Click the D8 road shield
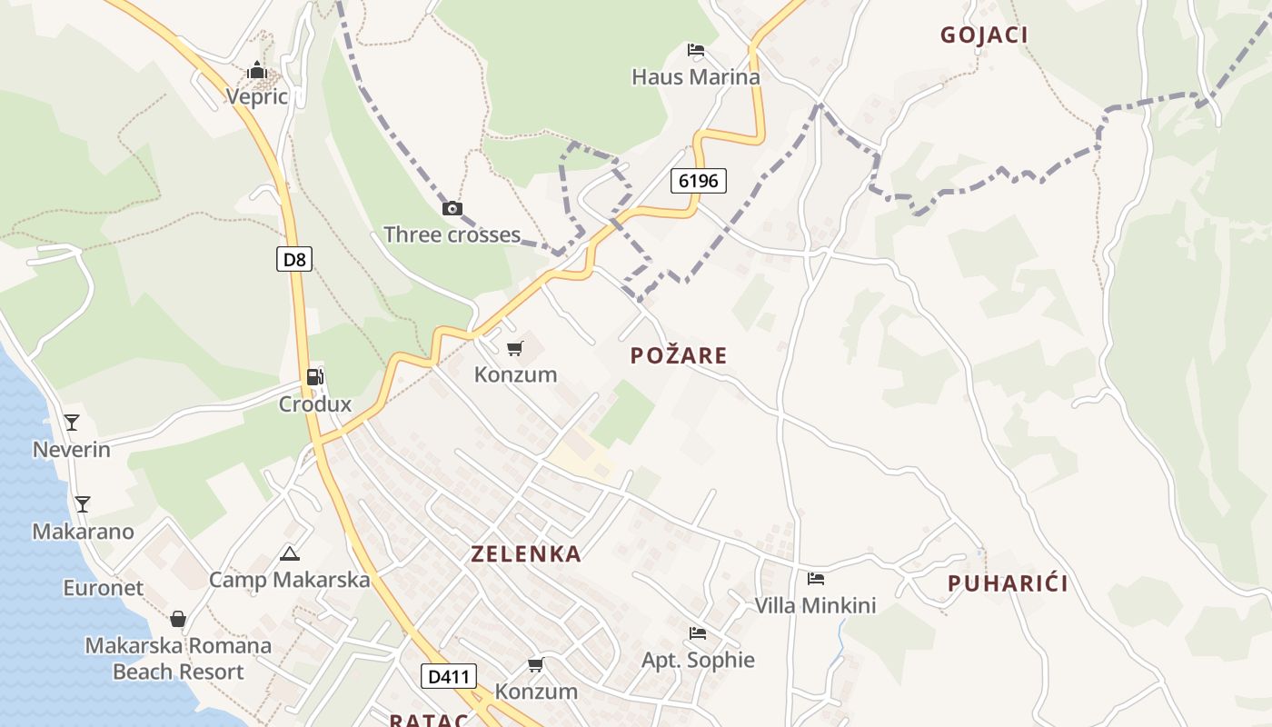[293, 260]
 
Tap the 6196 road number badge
[699, 181]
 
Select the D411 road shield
[449, 676]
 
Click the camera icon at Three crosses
[452, 208]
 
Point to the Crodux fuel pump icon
[314, 376]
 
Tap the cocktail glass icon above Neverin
[72, 422]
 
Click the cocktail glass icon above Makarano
[83, 503]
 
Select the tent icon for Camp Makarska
[290, 553]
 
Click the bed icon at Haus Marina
[696, 49]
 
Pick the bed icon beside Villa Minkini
[816, 578]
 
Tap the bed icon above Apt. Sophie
[698, 632]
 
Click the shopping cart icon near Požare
[515, 348]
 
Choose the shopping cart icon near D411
[536, 664]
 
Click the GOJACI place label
[984, 35]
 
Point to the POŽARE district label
[679, 355]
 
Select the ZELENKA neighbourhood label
[526, 554]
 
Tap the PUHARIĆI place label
[1008, 583]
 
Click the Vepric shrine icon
[257, 70]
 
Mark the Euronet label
[103, 588]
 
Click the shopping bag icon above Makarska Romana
[178, 619]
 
